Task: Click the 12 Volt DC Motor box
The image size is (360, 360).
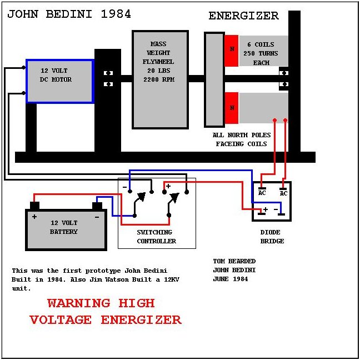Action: point(60,81)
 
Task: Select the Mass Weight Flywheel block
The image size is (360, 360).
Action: point(160,79)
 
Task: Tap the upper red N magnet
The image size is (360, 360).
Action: point(232,51)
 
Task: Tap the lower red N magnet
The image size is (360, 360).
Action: point(232,108)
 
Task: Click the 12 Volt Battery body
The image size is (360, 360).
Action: point(66,229)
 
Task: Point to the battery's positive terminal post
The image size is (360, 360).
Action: point(34,206)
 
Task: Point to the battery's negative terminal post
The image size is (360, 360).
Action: point(97,206)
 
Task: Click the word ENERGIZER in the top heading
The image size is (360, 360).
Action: point(243,16)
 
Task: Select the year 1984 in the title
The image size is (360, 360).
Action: point(116,14)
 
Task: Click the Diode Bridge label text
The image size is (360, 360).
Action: point(272,237)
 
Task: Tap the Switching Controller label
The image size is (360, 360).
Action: point(156,237)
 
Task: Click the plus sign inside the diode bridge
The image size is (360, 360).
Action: point(266,209)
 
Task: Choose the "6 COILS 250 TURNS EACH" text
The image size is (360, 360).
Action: point(261,53)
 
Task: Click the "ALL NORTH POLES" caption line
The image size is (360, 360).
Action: point(242,135)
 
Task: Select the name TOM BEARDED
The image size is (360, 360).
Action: point(234,261)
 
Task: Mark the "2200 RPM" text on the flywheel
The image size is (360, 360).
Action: point(159,79)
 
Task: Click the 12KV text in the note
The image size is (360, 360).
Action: point(172,279)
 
